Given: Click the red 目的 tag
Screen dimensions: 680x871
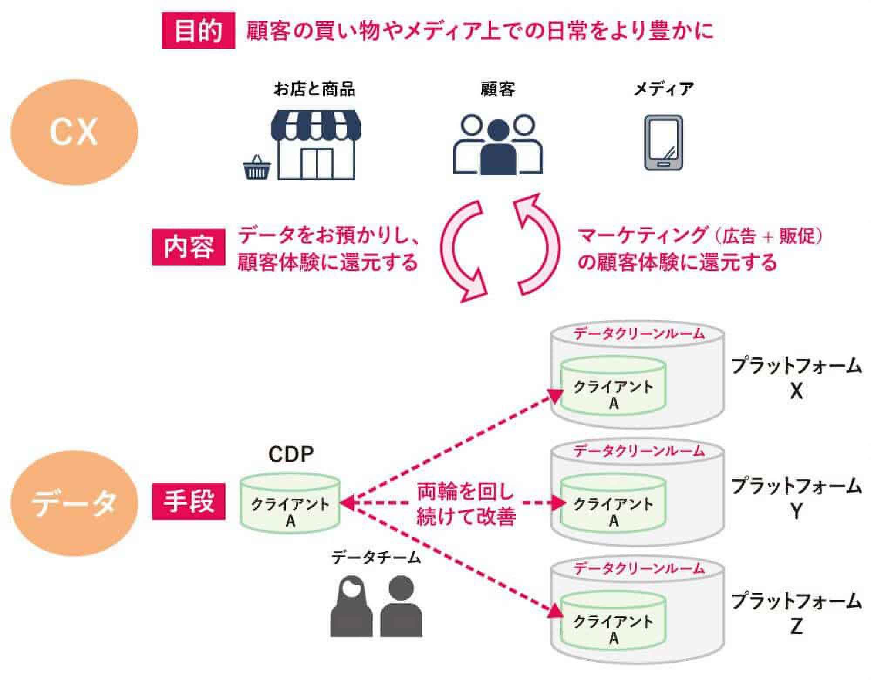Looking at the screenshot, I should pos(198,31).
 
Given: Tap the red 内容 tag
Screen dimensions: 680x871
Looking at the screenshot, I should pos(189,247).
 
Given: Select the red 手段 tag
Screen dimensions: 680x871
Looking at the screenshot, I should pos(189,501).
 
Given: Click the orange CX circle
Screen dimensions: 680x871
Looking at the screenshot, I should pos(74,132).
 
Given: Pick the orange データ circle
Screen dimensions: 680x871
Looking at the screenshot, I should pos(74,503).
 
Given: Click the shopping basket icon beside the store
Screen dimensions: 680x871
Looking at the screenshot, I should pos(257,169).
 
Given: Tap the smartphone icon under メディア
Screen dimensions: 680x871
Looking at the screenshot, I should pos(663,143).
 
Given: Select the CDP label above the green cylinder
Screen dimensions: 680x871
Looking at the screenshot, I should pos(290,454).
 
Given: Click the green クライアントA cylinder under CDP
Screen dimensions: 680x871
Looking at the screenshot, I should pos(290,506).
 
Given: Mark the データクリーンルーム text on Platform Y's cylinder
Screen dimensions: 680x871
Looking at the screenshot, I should pos(638,451).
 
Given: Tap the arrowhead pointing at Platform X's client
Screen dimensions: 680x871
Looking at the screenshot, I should pos(555,396).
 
